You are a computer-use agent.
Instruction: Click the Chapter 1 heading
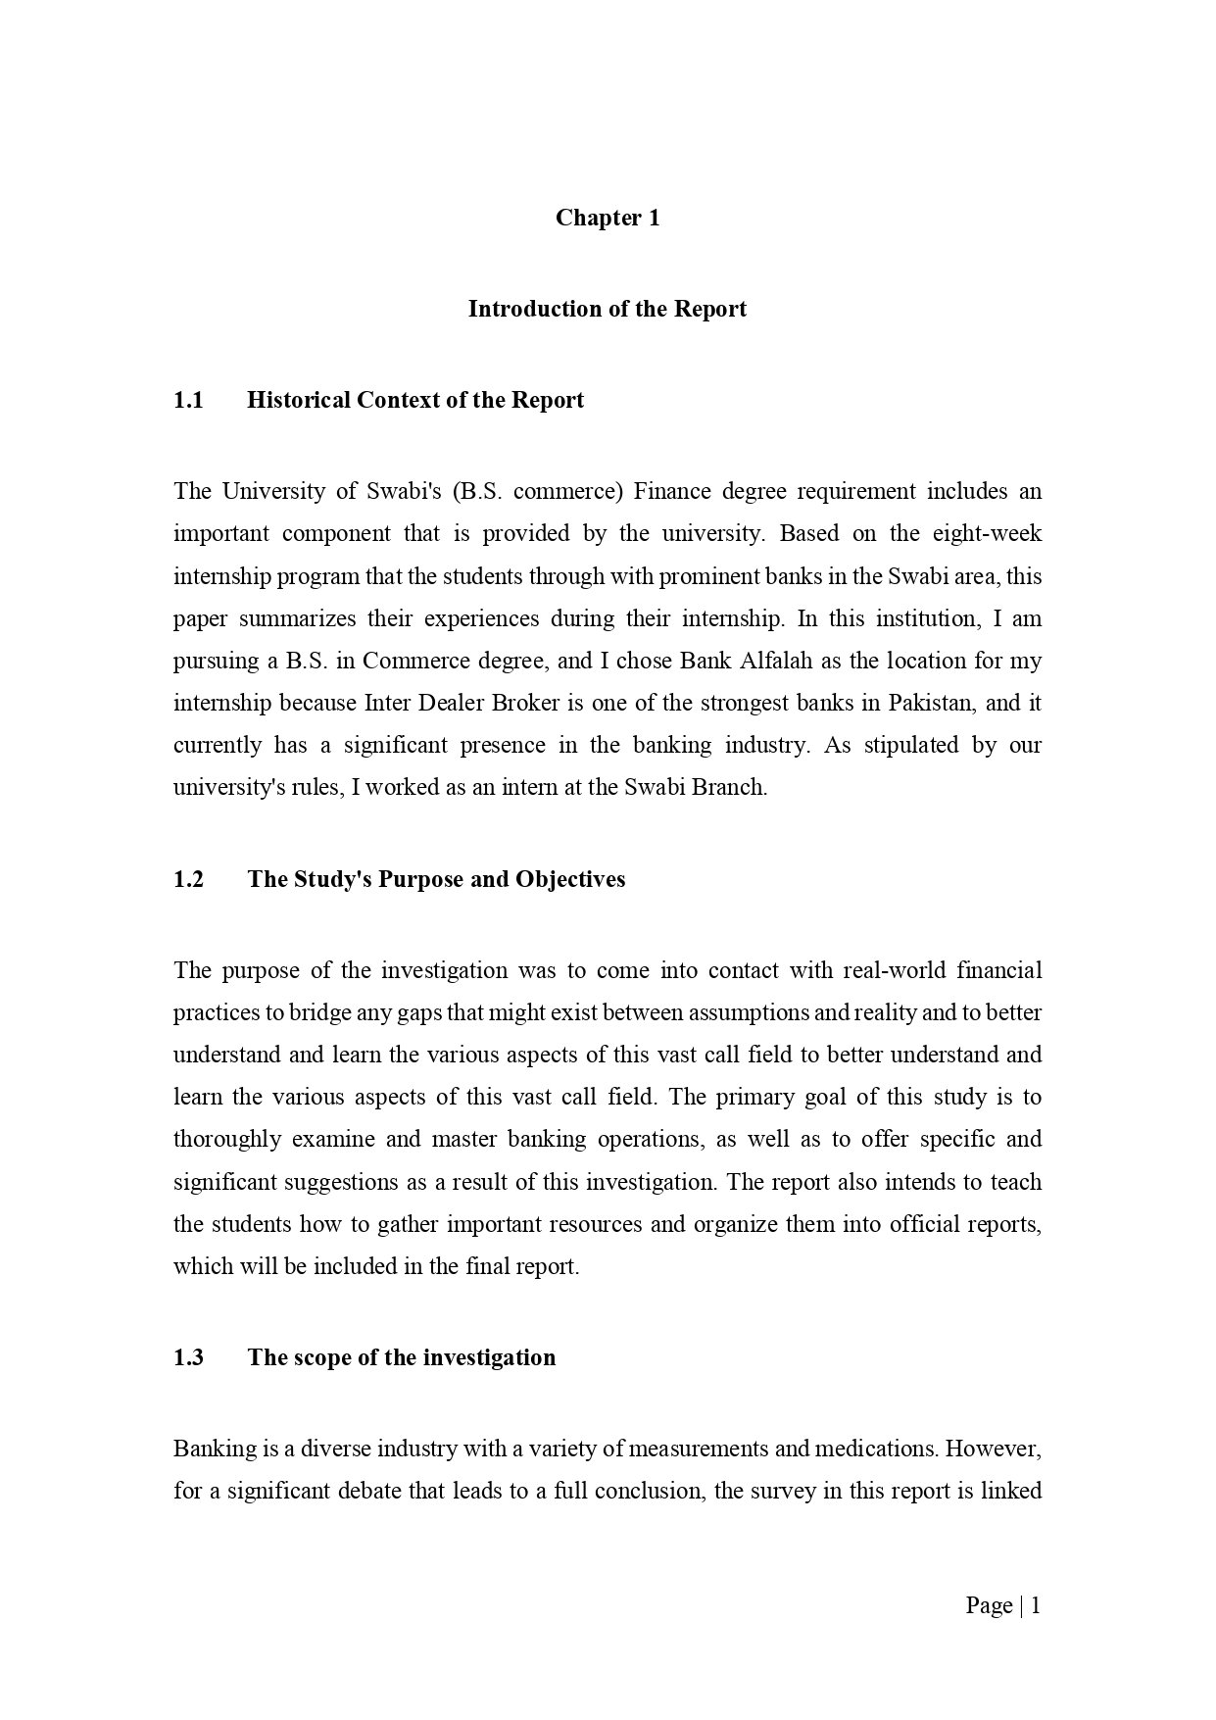point(608,218)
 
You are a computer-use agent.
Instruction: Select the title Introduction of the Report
point(608,309)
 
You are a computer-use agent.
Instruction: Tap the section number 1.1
point(188,400)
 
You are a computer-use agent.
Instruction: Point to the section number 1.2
point(188,879)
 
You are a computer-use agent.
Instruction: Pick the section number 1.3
point(188,1357)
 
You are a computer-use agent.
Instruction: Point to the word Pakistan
point(930,703)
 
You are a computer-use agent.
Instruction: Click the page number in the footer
point(1035,1605)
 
